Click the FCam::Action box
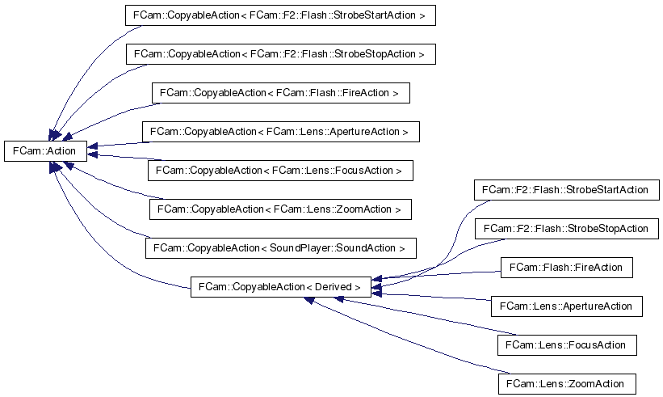click(45, 150)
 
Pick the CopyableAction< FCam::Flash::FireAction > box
click(280, 93)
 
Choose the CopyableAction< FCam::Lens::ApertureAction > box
click(281, 131)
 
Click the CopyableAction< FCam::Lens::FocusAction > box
click(281, 171)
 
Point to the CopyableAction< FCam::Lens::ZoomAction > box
click(280, 209)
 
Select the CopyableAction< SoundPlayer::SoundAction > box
click(281, 247)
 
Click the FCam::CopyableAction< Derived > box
click(281, 286)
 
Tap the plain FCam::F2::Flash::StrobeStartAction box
click(566, 190)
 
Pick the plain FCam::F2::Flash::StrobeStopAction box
click(566, 229)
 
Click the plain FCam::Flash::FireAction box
click(566, 268)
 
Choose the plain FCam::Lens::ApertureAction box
click(566, 306)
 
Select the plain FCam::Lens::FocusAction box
click(566, 345)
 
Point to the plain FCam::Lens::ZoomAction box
click(566, 383)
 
